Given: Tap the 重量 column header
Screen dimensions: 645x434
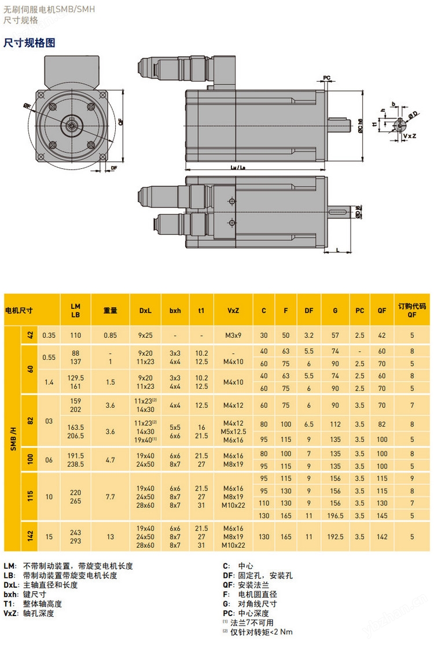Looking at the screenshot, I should tap(110, 310).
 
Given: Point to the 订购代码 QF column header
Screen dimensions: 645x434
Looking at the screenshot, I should tap(411, 310).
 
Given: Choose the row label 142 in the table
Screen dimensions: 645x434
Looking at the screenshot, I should tap(30, 537).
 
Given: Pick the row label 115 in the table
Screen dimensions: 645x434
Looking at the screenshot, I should tap(30, 496).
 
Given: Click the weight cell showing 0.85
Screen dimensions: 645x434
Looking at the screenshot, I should tap(110, 335).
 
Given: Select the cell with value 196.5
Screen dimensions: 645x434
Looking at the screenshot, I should tap(335, 515).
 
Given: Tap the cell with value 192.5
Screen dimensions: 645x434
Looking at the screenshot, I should tap(335, 537).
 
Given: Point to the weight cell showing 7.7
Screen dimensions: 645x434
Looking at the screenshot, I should tap(110, 496).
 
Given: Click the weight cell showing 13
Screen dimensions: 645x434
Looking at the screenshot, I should tap(110, 537).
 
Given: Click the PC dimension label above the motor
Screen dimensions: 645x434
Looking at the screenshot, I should tap(327, 77).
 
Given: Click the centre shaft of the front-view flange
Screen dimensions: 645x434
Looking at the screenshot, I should tap(71, 123).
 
